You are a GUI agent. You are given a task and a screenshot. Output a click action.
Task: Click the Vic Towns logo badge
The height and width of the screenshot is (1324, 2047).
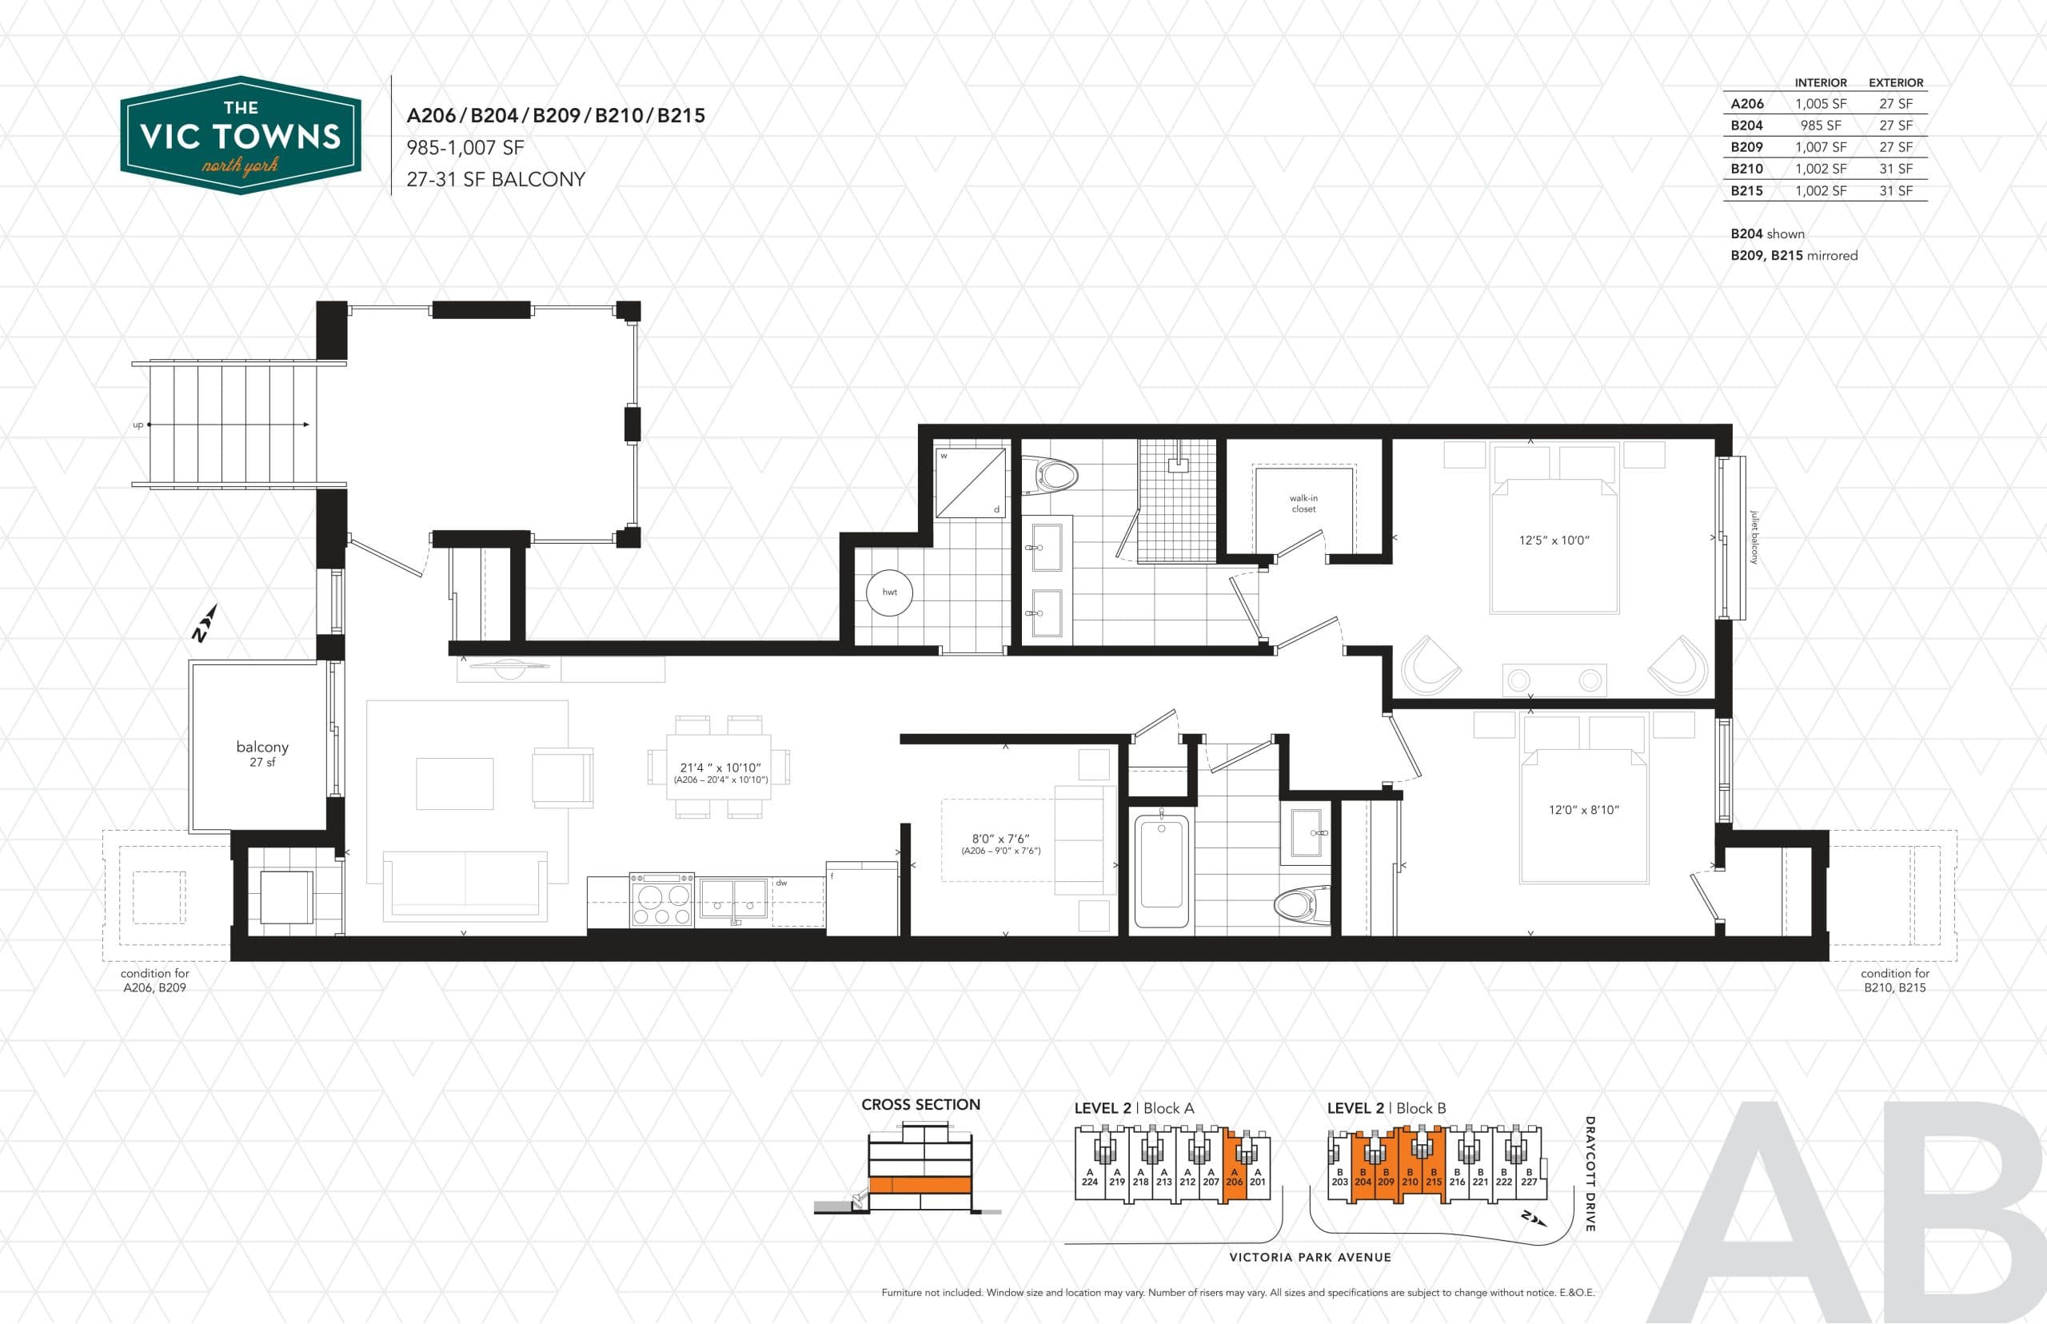pos(240,135)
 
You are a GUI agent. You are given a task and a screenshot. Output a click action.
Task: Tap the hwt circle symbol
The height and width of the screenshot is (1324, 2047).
pos(889,592)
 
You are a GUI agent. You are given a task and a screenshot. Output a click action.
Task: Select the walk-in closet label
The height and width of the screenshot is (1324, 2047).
pos(1303,504)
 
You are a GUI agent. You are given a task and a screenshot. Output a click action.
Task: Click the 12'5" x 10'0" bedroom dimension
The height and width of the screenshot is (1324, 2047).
pos(1554,540)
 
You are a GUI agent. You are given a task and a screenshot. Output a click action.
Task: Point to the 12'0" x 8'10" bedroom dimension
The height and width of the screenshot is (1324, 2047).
pos(1583,810)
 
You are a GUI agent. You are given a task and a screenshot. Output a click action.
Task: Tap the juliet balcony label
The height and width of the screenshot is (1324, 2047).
pos(1754,537)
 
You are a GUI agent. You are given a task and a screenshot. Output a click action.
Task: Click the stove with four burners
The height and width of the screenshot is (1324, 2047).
pos(661,900)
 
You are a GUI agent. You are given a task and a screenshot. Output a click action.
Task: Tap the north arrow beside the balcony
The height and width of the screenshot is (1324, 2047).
pos(204,624)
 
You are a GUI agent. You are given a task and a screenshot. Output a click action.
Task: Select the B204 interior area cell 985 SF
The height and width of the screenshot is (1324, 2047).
pos(1820,126)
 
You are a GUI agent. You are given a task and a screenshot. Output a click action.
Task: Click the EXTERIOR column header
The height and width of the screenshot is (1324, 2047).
pos(1895,82)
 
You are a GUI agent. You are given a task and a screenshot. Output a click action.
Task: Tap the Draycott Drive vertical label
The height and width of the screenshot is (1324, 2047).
pos(1590,1174)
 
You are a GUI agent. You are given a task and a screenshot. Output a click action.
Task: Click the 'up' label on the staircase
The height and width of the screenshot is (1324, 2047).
pos(138,425)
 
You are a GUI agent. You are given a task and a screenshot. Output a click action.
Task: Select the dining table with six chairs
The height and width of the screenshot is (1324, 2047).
pos(719,767)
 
